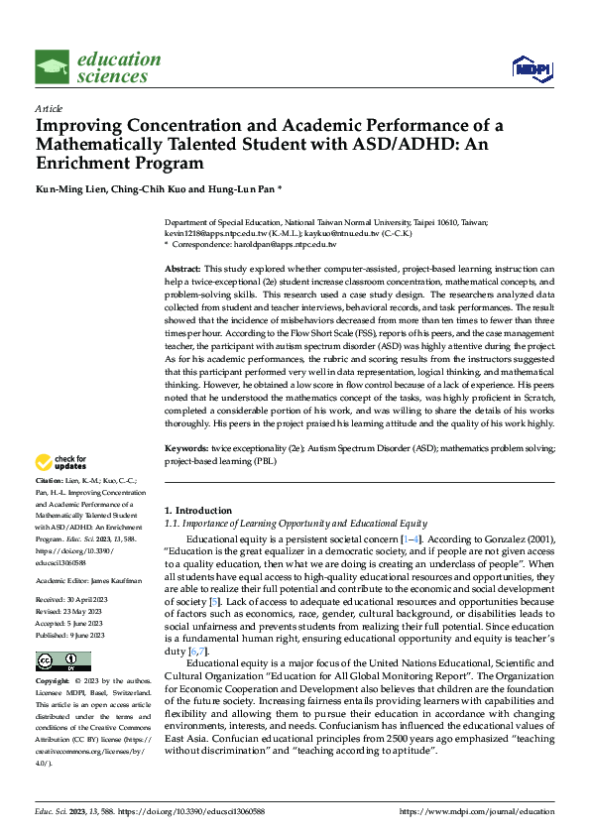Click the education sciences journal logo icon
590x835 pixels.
53,67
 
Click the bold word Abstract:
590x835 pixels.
183,270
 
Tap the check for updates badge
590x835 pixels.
61,462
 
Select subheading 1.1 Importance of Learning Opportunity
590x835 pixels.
295,523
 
